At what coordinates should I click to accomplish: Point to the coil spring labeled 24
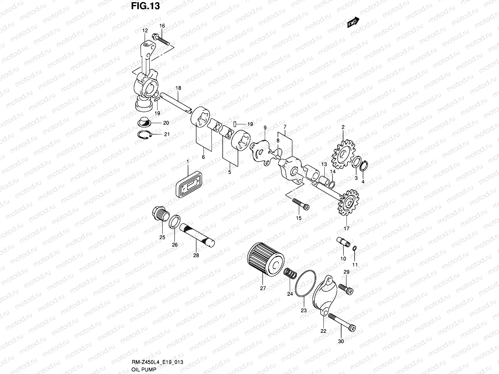click(x=290, y=274)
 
